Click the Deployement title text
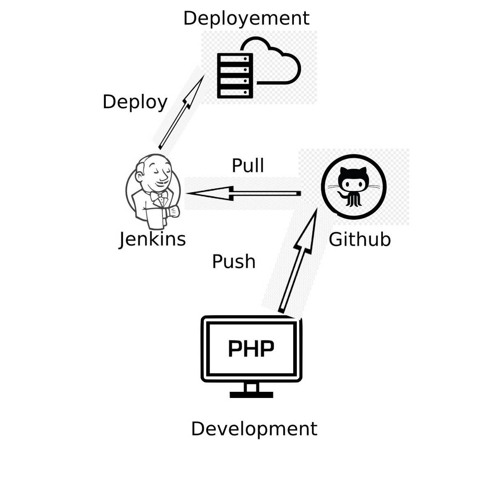click(x=246, y=19)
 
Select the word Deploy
click(x=135, y=102)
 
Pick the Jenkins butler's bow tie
click(x=159, y=196)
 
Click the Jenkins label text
click(x=152, y=239)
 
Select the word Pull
click(x=248, y=165)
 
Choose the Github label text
click(x=359, y=240)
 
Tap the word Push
click(x=233, y=261)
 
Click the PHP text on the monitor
click(x=251, y=349)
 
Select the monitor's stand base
click(x=251, y=395)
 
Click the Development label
click(x=254, y=428)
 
